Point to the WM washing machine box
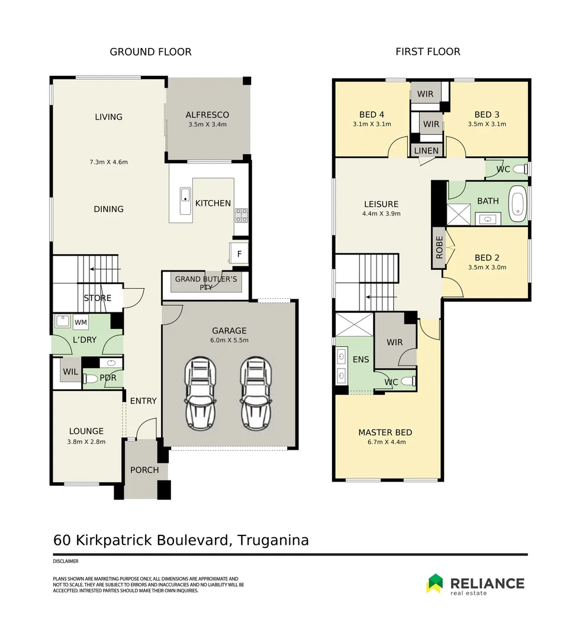click(81, 322)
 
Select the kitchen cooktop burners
click(242, 214)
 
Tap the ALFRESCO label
click(207, 115)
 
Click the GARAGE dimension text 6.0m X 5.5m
click(230, 340)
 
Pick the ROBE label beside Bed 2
click(439, 248)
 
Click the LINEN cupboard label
click(426, 151)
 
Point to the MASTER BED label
click(385, 433)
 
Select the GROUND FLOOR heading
click(150, 52)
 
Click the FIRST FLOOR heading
click(427, 52)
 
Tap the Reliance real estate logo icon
click(435, 583)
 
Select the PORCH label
click(144, 470)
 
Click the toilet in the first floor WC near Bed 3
click(520, 169)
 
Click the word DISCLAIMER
click(66, 561)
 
